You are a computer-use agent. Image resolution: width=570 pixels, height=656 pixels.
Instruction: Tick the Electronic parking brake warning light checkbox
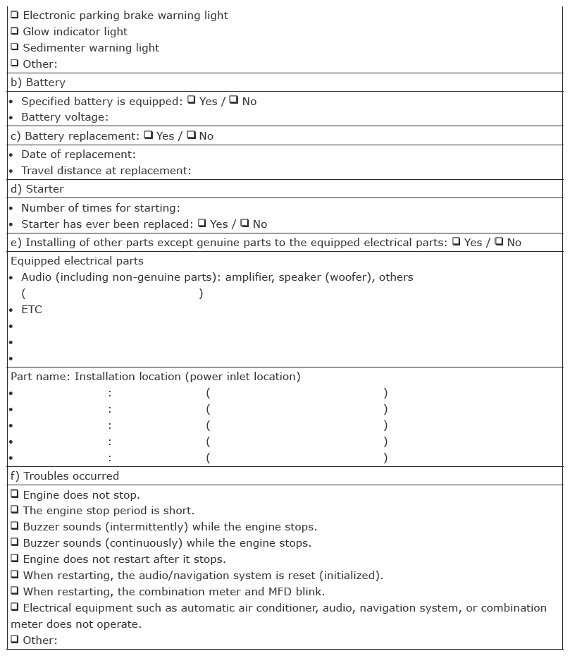click(15, 14)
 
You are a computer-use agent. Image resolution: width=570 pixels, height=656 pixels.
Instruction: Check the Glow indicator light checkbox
click(15, 30)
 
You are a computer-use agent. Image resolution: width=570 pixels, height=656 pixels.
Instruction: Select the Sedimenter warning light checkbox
click(15, 47)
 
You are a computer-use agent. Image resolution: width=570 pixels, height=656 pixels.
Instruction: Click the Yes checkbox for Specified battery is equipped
click(191, 100)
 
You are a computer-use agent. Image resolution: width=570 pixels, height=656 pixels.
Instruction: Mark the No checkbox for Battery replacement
click(191, 135)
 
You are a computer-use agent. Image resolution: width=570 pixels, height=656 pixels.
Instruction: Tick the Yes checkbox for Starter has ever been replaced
click(202, 223)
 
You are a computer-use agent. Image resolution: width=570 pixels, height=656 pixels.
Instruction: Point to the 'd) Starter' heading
click(37, 189)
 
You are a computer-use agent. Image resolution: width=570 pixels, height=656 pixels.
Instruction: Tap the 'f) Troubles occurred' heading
click(65, 476)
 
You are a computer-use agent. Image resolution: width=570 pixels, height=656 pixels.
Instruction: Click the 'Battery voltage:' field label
click(65, 117)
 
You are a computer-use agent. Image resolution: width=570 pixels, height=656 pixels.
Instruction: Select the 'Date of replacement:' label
click(78, 154)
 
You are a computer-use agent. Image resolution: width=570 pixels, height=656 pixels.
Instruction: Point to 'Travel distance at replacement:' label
click(106, 170)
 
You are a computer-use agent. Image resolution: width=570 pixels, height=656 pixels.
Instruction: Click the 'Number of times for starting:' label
click(100, 207)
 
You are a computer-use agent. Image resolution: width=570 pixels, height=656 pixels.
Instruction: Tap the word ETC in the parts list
click(32, 310)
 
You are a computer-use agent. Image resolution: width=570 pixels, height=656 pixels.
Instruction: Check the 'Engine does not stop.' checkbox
click(15, 494)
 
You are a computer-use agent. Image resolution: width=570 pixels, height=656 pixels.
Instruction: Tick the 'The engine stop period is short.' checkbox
click(15, 509)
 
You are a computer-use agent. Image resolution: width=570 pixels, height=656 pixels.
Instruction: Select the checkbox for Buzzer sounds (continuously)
click(15, 542)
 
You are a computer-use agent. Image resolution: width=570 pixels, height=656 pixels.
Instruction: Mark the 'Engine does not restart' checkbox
click(15, 558)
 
